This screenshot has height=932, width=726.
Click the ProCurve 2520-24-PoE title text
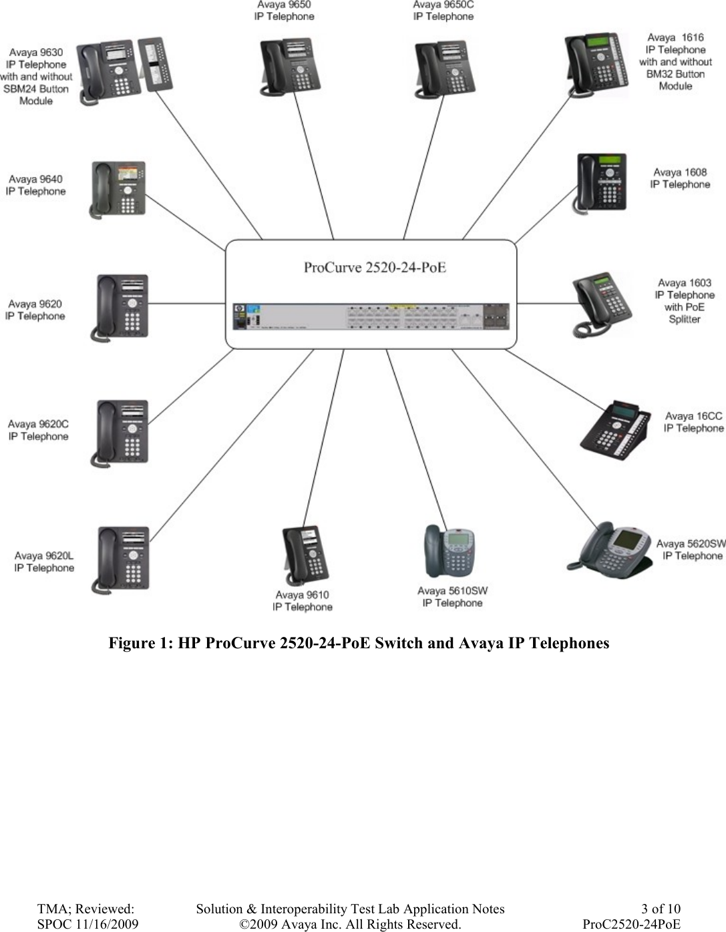pyautogui.click(x=375, y=268)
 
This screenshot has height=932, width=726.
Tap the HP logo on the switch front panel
pyautogui.click(x=239, y=310)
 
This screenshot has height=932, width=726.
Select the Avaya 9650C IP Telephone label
pyautogui.click(x=443, y=10)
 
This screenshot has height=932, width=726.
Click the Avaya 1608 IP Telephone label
pyautogui.click(x=680, y=178)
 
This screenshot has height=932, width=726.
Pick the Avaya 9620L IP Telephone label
pyautogui.click(x=44, y=561)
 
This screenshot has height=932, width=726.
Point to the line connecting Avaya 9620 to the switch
pyautogui.click(x=187, y=305)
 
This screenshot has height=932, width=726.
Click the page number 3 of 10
pyautogui.click(x=661, y=909)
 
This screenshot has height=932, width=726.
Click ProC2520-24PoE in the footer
pyautogui.click(x=631, y=924)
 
